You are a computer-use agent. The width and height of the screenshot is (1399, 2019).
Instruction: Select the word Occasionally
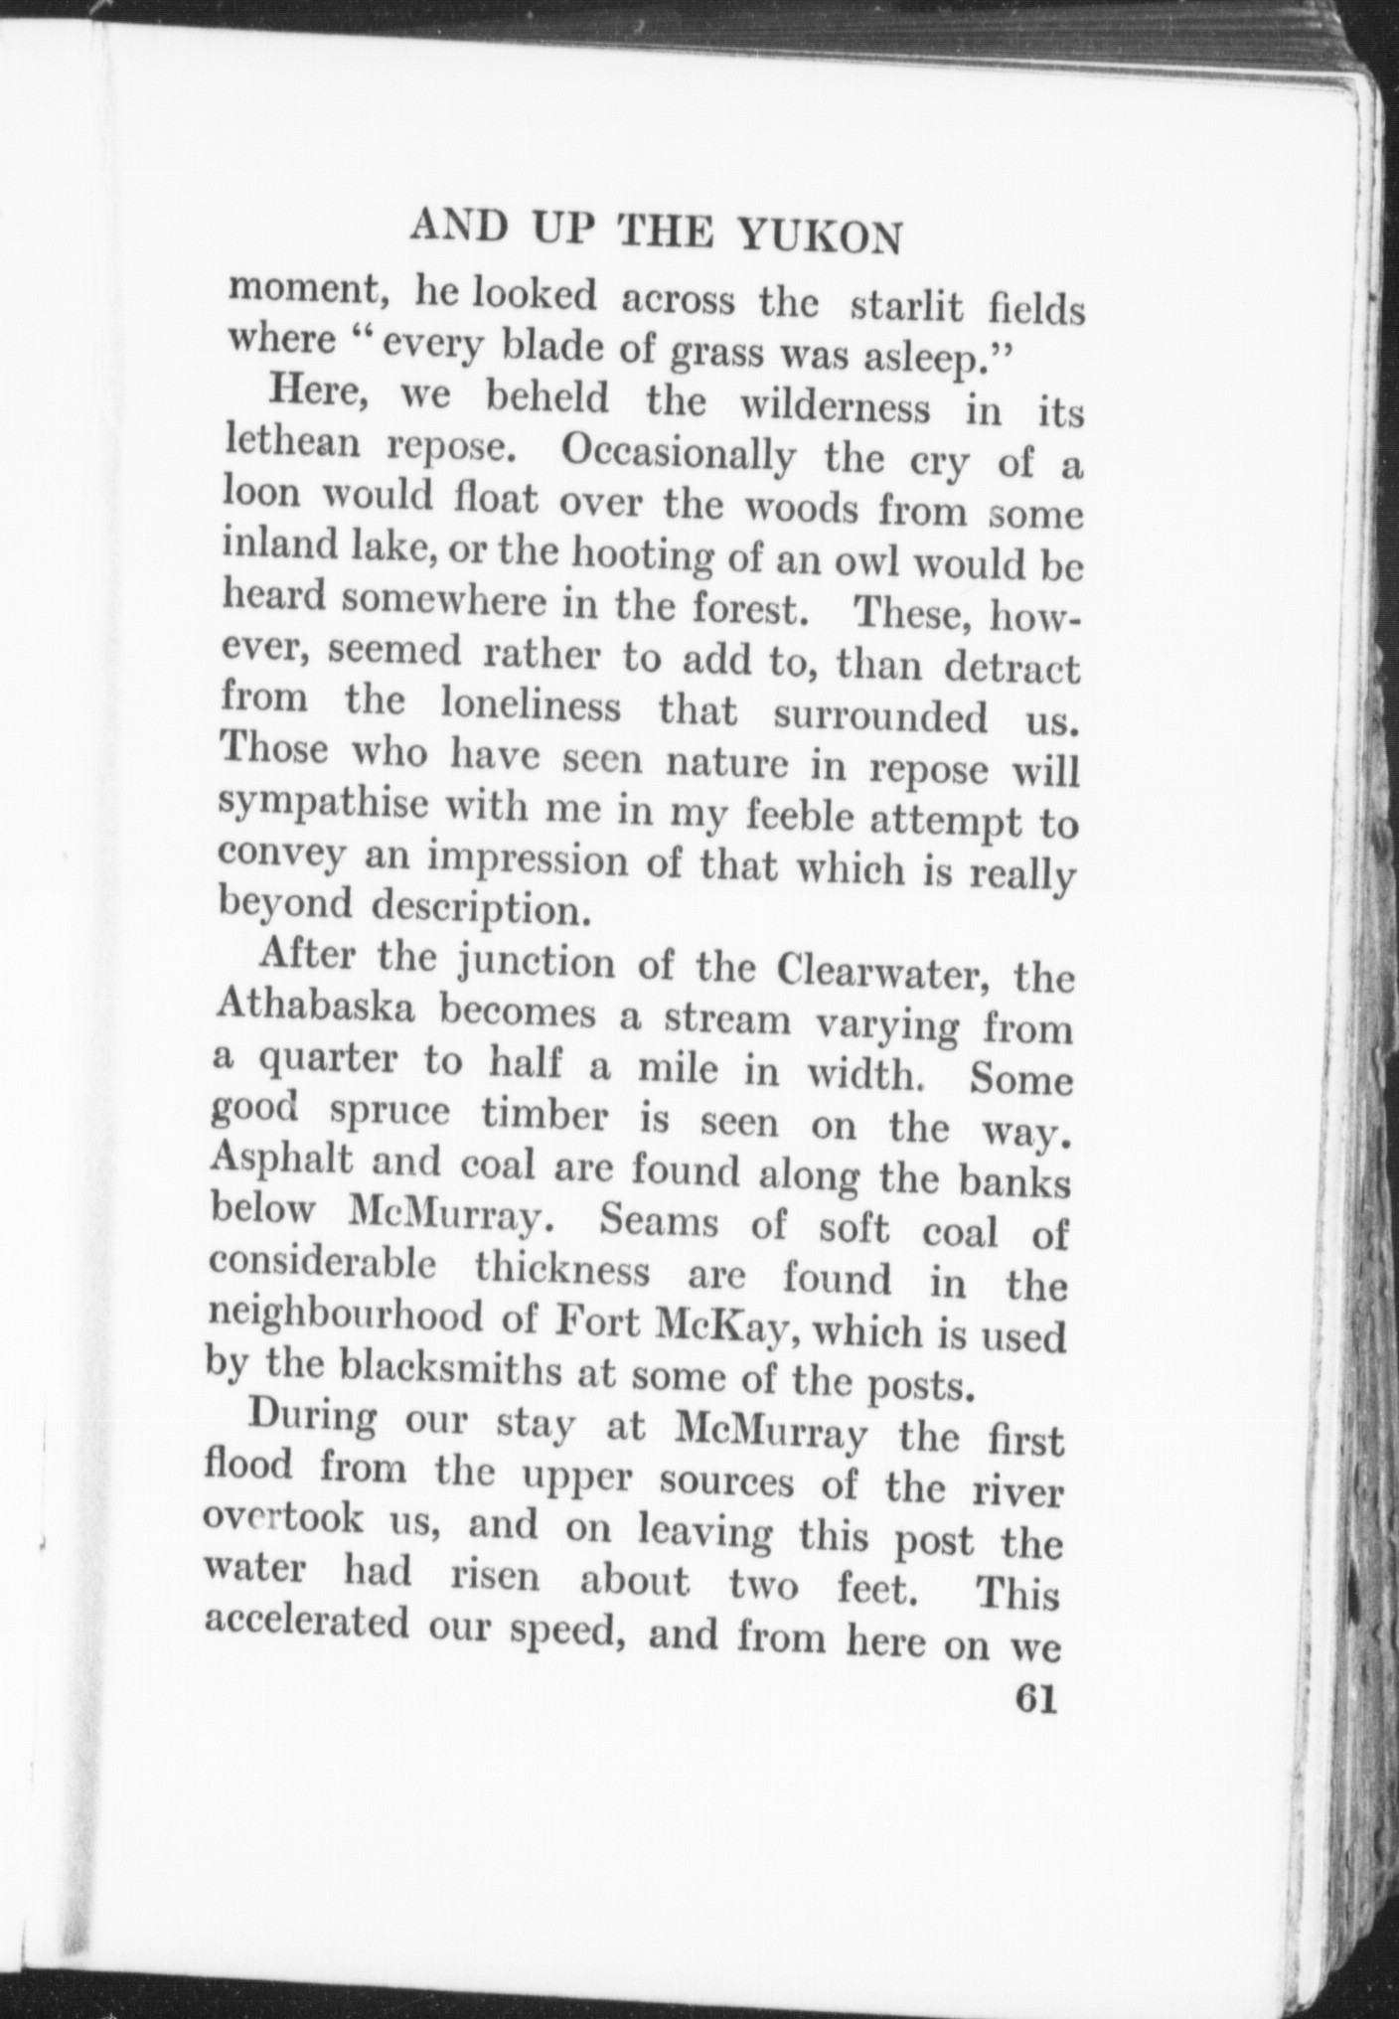pyautogui.click(x=679, y=456)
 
